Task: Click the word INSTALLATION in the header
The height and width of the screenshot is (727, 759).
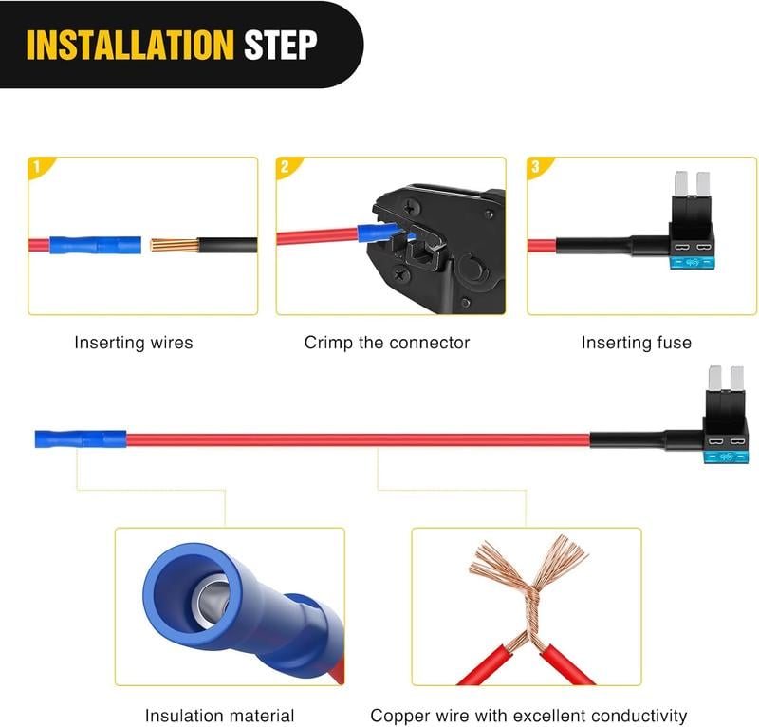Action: tap(129, 45)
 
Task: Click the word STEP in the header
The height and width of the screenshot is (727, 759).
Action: tap(280, 45)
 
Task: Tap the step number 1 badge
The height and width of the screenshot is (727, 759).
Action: tap(37, 167)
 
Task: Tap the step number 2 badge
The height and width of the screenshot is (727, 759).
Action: tap(285, 167)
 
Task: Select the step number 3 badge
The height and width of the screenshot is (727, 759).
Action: tap(536, 167)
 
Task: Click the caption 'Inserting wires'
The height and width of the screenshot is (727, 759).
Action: tap(133, 343)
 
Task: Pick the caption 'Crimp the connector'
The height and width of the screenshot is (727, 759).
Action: tap(386, 343)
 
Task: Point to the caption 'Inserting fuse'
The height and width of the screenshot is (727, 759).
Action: tap(636, 343)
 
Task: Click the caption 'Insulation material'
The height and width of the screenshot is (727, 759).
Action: tap(219, 716)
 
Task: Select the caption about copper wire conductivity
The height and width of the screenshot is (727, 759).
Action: tap(528, 716)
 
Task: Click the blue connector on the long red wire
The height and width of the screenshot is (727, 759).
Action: tap(80, 440)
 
